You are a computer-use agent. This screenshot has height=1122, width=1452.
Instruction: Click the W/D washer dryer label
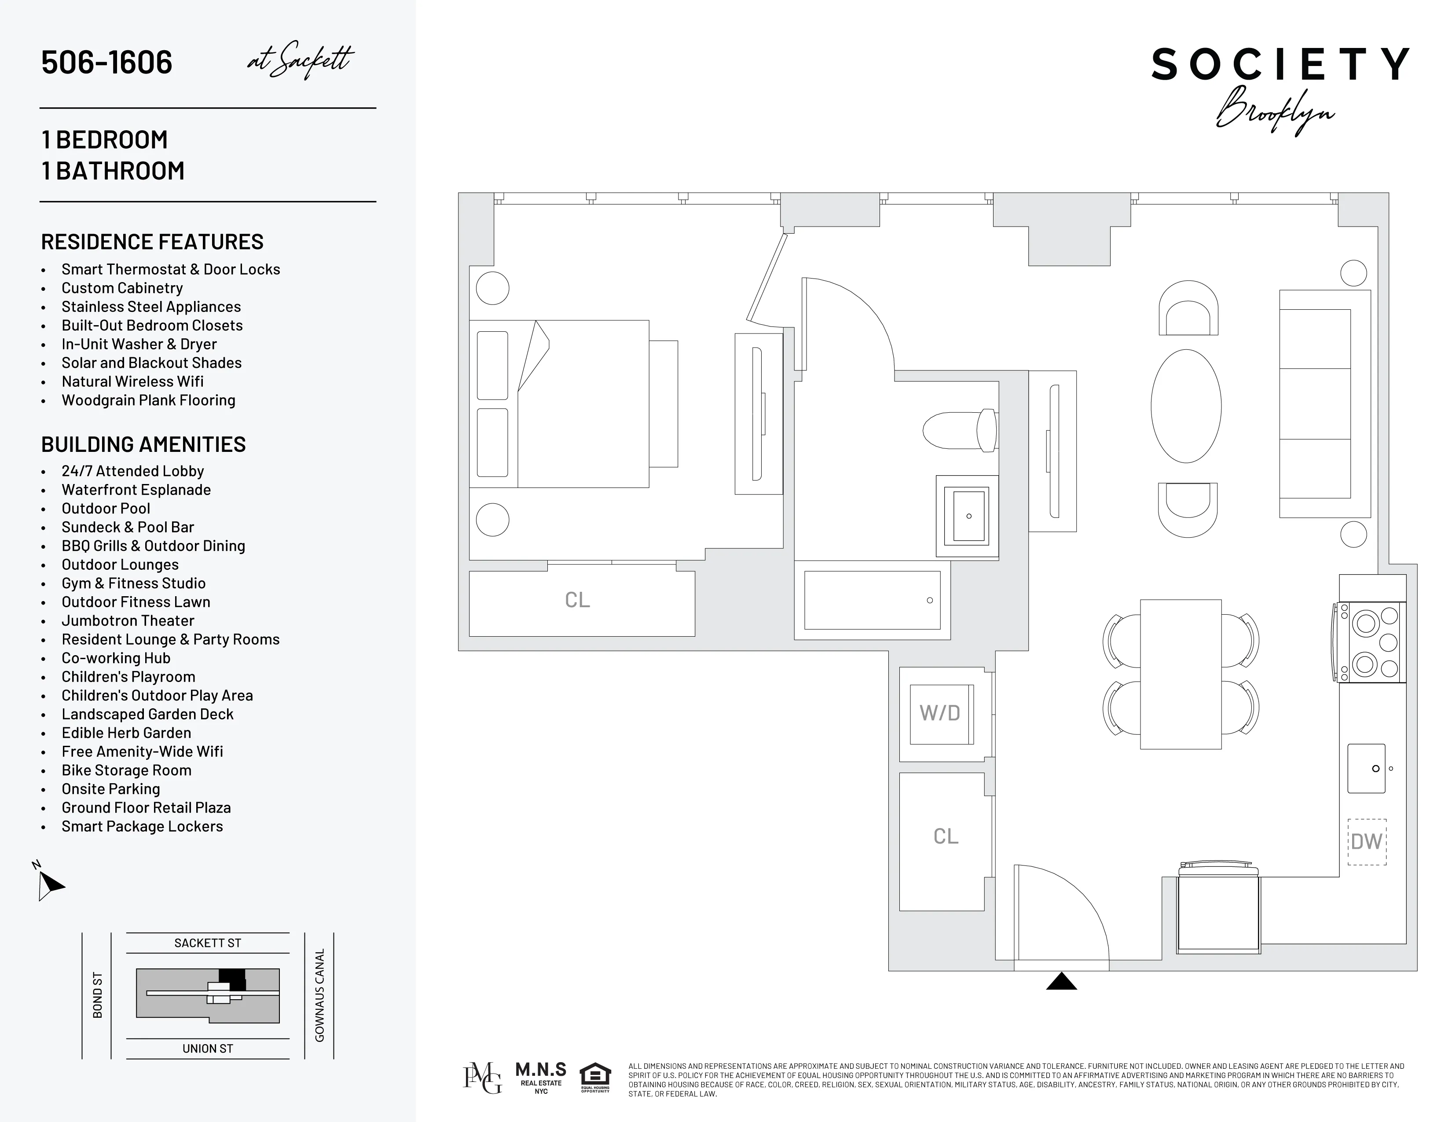pos(939,713)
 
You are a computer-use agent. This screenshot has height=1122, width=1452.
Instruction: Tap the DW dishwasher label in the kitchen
pos(1366,841)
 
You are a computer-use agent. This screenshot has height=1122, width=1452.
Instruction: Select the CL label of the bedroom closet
pos(577,600)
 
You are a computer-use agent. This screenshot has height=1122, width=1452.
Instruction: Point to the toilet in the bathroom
pos(959,431)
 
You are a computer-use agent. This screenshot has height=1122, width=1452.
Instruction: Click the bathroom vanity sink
pos(967,516)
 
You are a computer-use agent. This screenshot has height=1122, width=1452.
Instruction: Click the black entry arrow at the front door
pos(1061,982)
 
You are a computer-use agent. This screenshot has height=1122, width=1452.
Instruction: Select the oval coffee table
pos(1186,406)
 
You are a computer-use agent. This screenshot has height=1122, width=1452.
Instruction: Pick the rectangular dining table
pos(1181,674)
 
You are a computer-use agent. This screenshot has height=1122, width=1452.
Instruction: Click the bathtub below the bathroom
pos(872,600)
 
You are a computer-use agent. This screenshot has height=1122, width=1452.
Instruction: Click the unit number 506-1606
pos(106,62)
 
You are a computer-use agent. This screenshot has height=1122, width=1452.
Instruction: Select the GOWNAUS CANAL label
pos(320,995)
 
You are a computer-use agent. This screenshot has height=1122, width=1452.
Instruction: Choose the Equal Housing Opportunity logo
pos(595,1078)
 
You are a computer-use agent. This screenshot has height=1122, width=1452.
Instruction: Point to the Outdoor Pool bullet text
pos(106,509)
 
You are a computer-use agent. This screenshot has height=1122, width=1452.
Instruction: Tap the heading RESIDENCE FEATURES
pos(152,242)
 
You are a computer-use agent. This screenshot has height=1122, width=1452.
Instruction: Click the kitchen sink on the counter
pos(1366,768)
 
